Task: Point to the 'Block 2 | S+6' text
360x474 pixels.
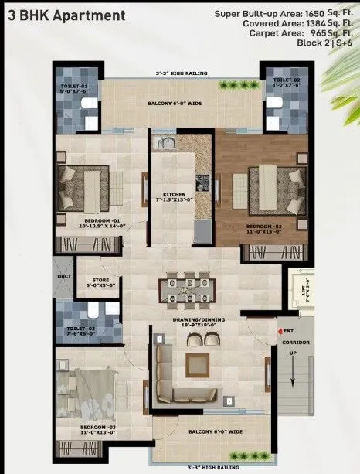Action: tap(324, 45)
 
